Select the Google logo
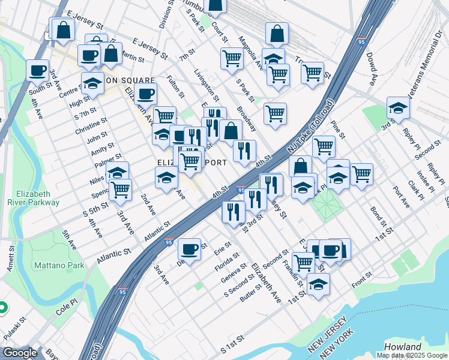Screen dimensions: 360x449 (20, 353)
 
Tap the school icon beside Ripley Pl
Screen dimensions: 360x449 (398, 108)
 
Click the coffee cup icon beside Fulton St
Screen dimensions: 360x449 (146, 94)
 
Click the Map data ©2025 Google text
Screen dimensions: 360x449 (411, 355)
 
